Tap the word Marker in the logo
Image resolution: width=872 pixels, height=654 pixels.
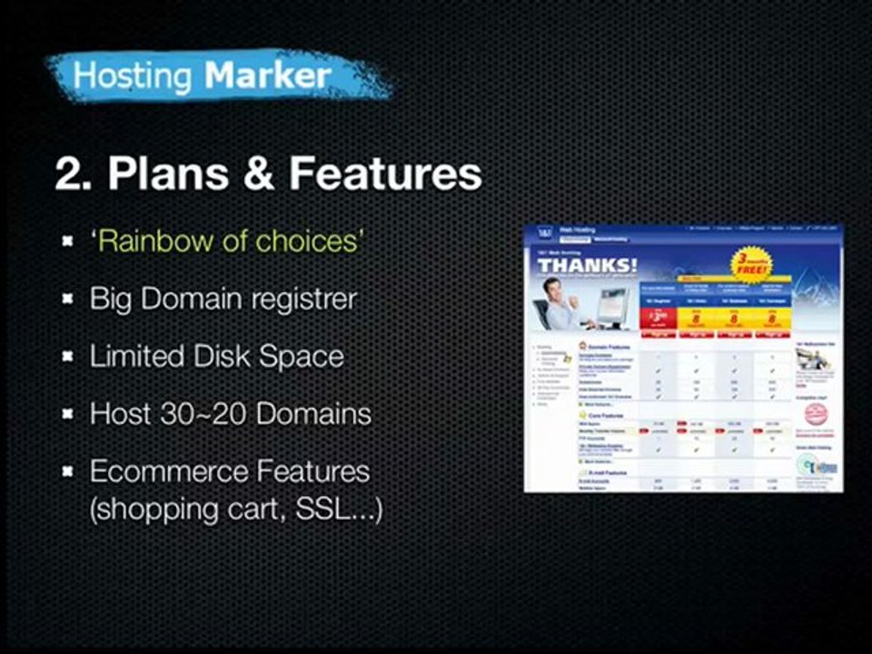(267, 75)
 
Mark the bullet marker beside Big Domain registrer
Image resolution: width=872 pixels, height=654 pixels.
(68, 300)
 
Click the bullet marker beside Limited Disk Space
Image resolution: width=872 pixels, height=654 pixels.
(68, 357)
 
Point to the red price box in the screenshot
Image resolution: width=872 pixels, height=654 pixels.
(659, 317)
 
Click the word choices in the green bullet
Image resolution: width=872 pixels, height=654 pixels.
(310, 242)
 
